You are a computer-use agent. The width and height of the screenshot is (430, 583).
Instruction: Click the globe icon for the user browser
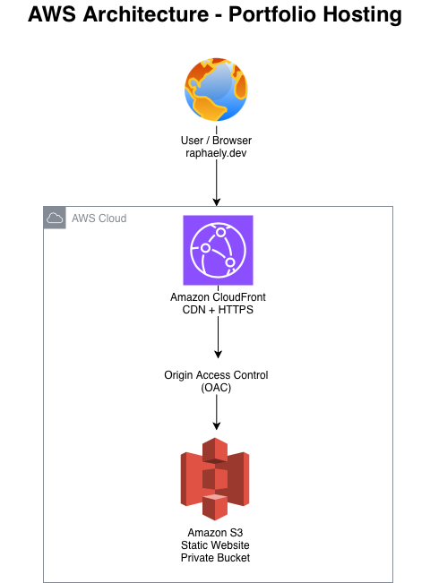(215, 90)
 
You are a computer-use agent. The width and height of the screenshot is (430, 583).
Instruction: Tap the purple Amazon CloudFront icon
(215, 252)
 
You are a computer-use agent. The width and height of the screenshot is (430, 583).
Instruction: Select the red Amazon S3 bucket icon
(215, 479)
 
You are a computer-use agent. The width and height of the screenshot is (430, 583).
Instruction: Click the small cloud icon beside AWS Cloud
(55, 218)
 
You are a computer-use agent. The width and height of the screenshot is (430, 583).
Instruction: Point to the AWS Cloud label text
(99, 219)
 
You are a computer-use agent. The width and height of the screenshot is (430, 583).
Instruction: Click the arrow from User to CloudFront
(215, 184)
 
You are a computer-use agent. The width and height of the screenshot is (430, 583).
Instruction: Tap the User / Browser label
(215, 140)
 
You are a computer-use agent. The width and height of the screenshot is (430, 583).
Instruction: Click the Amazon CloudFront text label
(215, 297)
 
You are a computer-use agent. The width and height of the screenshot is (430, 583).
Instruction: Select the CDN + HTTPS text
(215, 310)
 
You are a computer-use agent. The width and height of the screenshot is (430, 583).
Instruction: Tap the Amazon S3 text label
(215, 533)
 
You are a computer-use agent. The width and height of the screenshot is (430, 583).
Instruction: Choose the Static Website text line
(215, 545)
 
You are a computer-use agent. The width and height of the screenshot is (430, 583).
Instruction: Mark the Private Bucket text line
(215, 558)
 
